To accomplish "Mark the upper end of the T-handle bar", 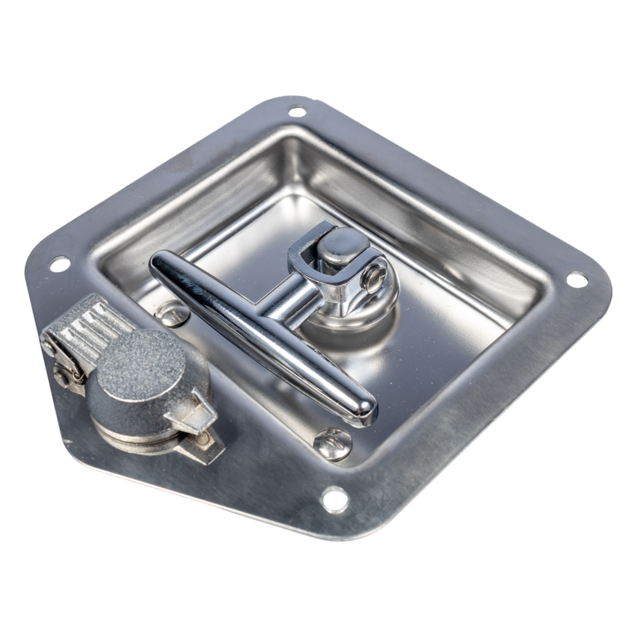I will coord(163,267).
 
